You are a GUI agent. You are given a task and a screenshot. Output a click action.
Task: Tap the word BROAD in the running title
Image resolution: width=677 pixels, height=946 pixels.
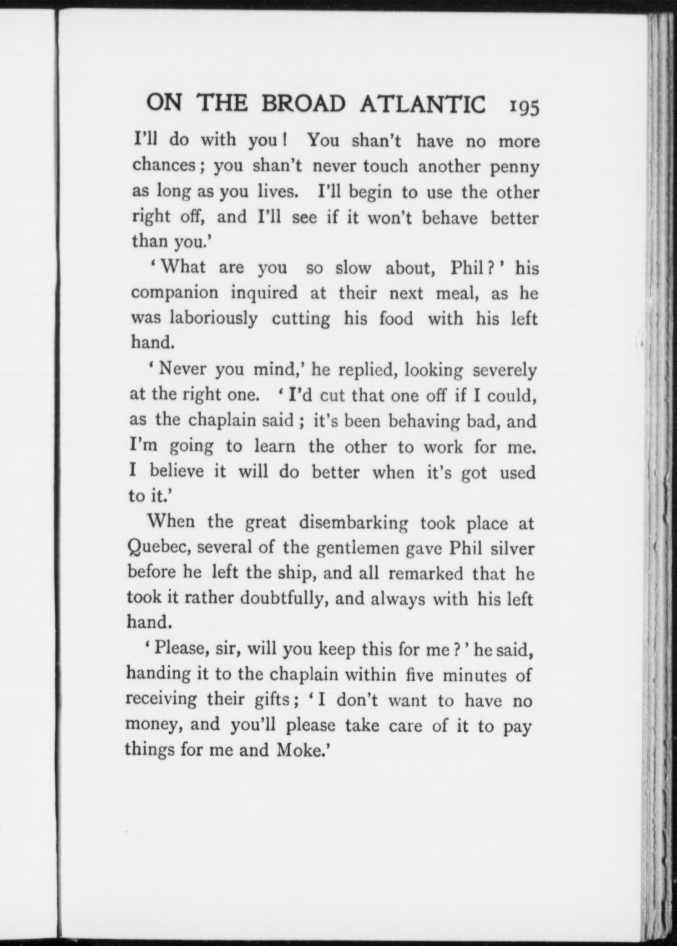(303, 105)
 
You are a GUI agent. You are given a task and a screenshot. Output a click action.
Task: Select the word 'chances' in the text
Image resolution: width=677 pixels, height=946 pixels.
(165, 165)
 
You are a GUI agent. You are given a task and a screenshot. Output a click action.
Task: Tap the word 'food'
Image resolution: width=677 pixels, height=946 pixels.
(396, 318)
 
